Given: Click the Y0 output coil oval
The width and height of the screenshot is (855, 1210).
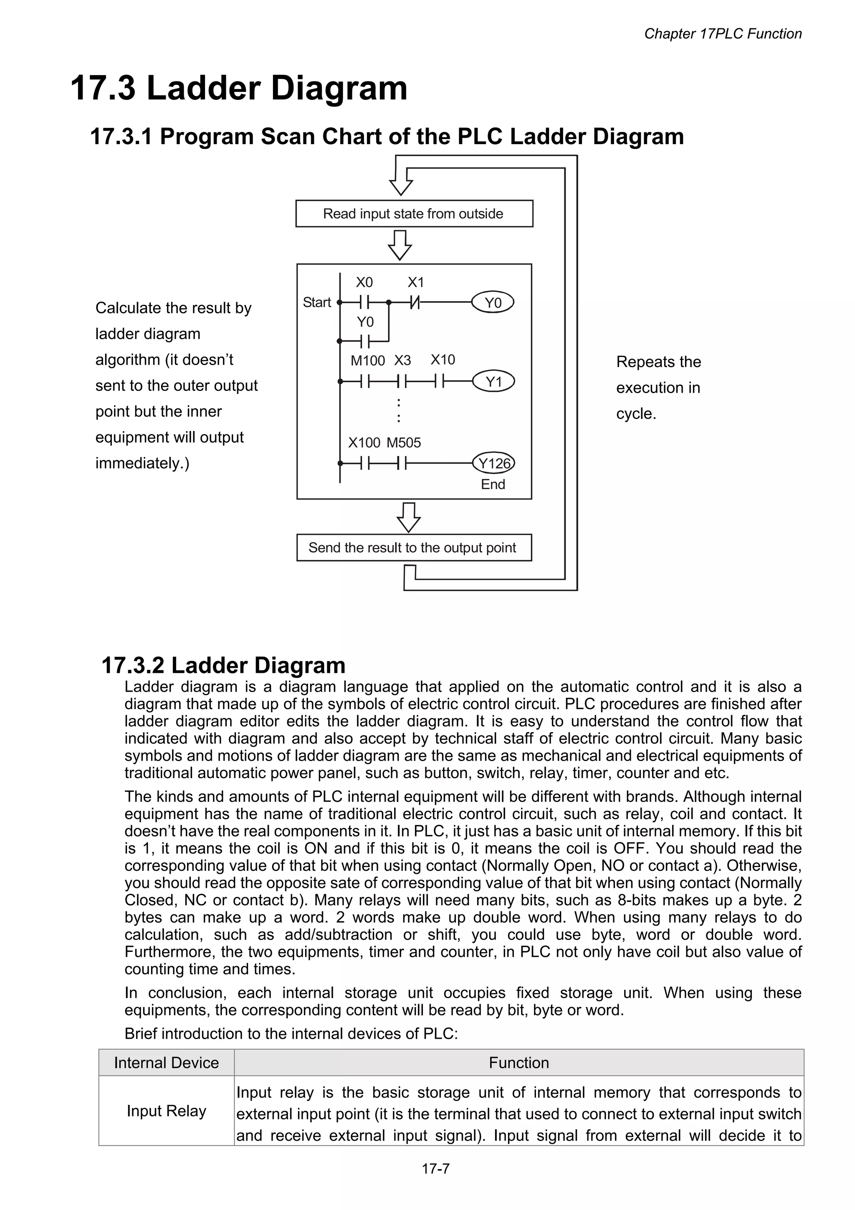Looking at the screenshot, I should [492, 302].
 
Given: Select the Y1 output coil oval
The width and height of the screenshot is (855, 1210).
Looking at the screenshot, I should [493, 381].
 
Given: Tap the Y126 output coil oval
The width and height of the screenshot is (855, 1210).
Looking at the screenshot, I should [493, 463].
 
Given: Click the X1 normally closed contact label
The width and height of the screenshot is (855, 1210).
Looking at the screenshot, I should [416, 282].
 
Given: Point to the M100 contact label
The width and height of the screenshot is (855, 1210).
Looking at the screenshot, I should [368, 361].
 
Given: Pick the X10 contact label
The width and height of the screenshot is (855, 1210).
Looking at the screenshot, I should [443, 360].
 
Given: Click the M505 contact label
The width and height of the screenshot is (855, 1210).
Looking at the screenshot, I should [404, 443].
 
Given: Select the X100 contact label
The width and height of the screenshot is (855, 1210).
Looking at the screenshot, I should [364, 443].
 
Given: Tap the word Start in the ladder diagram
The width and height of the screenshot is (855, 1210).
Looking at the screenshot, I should [316, 302].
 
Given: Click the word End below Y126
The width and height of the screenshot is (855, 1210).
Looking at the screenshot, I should [493, 485].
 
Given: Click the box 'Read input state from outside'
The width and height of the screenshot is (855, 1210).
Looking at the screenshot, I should [414, 213].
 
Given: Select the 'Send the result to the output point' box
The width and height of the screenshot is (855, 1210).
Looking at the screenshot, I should [414, 548].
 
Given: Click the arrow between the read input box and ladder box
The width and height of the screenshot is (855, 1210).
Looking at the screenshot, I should [400, 245].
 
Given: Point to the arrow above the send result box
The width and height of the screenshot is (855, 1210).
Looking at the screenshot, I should [408, 517].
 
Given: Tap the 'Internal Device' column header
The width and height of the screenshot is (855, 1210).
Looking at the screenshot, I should [167, 1063].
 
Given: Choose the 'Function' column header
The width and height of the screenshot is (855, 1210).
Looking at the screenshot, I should [519, 1063].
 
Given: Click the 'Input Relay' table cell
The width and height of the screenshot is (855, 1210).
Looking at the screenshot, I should [167, 1111].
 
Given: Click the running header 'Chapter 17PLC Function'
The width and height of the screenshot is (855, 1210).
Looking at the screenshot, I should [722, 34].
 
